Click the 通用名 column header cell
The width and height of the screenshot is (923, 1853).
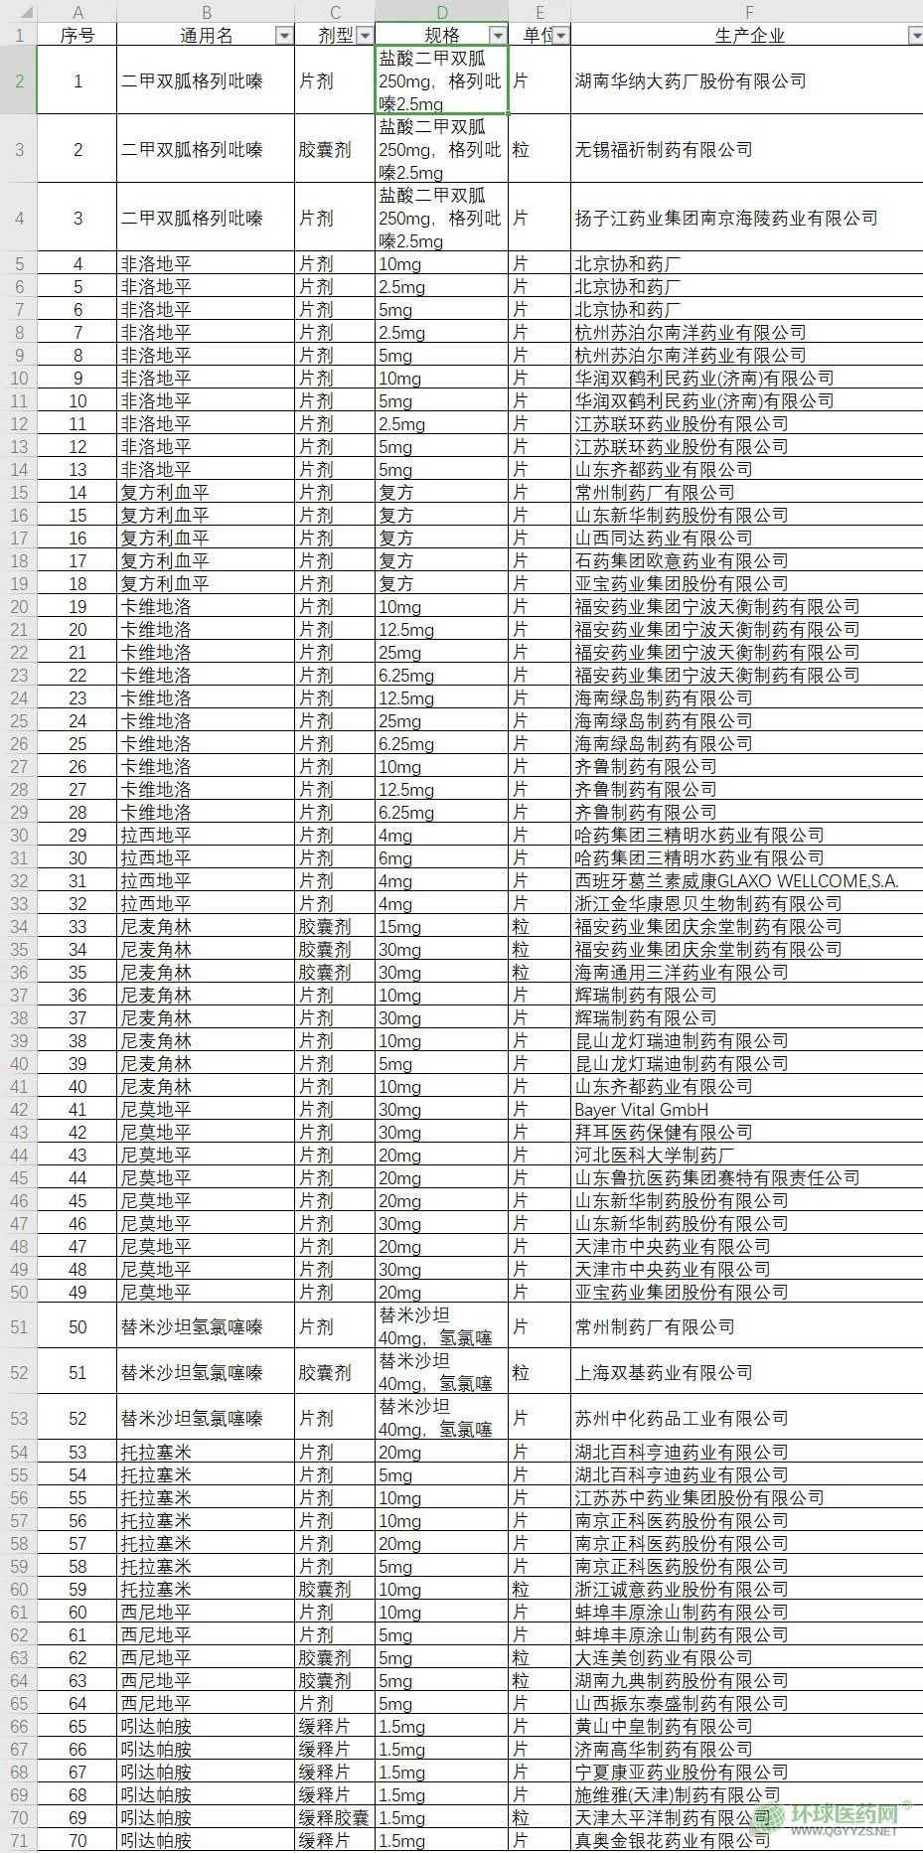[x=206, y=35]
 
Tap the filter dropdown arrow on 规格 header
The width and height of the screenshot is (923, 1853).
[x=498, y=36]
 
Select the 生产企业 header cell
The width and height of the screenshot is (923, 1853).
[x=749, y=35]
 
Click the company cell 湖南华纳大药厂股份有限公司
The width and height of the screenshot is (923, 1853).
[x=691, y=80]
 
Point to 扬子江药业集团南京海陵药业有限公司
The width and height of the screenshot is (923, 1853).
[x=726, y=218]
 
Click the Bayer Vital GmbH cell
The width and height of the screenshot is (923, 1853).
[x=642, y=1109]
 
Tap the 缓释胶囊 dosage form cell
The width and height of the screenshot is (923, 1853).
[x=334, y=1817]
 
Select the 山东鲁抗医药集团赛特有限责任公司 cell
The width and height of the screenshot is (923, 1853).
[x=717, y=1177]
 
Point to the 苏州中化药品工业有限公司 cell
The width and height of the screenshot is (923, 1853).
[x=682, y=1418]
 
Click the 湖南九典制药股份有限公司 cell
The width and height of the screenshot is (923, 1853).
[x=682, y=1680]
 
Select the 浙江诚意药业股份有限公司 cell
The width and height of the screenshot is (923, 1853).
[x=682, y=1589]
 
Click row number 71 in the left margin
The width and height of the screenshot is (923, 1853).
[x=19, y=1840]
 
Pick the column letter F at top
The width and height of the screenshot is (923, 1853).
[x=749, y=12]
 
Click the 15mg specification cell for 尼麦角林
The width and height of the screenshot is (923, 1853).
[x=400, y=926]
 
